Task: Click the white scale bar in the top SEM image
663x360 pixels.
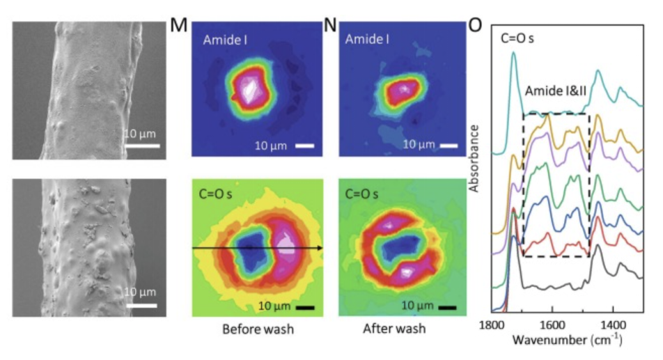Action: pos(143,146)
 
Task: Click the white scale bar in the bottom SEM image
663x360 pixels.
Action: pos(143,304)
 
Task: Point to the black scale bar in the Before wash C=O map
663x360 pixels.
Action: pos(305,306)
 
